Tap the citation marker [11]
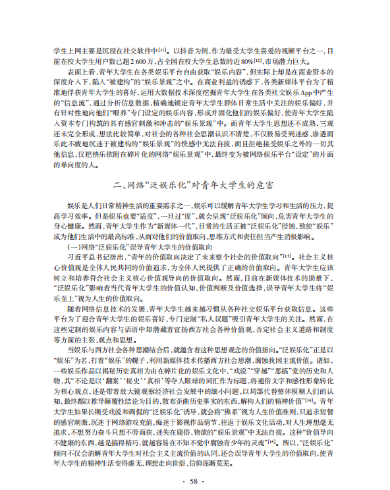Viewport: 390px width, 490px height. tap(161, 47)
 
